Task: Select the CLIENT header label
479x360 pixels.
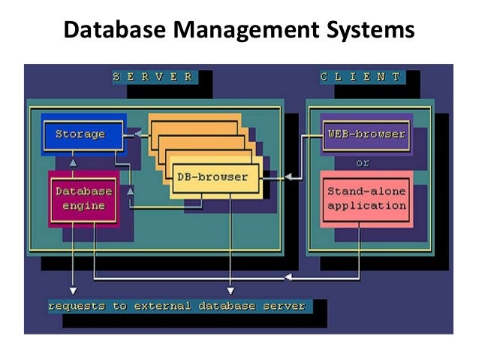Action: [360, 77]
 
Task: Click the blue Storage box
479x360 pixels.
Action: [80, 135]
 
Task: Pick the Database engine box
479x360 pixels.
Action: [83, 198]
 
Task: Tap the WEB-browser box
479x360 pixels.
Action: [366, 135]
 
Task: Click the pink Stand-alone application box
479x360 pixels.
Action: [366, 198]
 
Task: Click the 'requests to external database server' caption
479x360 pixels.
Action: [176, 306]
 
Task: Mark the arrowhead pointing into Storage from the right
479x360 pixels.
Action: [128, 135]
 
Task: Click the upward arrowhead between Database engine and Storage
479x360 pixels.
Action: [72, 162]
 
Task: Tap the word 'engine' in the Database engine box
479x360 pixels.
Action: [83, 205]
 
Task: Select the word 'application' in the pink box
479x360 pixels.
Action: [366, 205]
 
